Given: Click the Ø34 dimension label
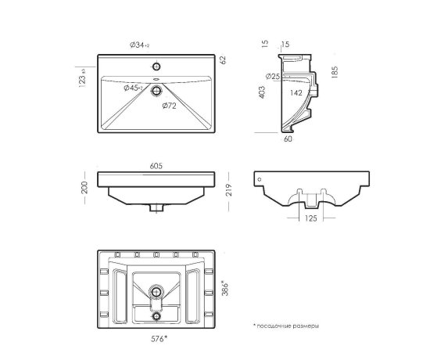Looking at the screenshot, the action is (140, 45).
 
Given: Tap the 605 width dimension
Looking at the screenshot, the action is (156, 166).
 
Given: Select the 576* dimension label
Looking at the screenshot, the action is (159, 339).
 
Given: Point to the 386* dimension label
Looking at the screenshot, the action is (224, 288).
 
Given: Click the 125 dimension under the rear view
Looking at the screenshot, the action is (310, 218).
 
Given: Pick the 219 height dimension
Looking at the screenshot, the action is (229, 189).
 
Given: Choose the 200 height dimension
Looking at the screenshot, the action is (84, 187).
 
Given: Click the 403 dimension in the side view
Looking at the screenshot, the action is (262, 92).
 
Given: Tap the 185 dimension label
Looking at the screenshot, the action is (335, 73).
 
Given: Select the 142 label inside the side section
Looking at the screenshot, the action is (296, 93).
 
